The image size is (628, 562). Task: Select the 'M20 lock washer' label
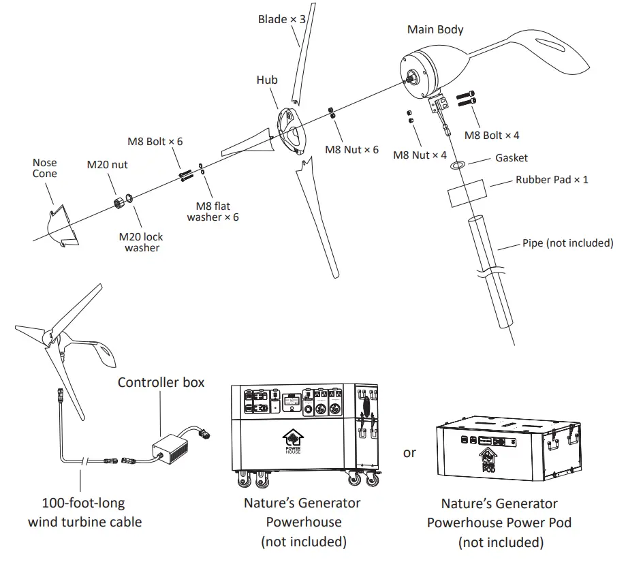142,243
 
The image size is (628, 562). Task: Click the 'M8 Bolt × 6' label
155,142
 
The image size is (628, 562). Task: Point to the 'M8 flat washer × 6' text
213,212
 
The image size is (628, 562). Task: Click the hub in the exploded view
289,129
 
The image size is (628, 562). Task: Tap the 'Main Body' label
435,29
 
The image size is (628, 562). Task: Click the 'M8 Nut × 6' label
351,149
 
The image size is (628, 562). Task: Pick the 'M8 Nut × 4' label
420,155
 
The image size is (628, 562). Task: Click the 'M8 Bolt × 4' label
492,136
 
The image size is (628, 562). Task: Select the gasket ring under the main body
458,164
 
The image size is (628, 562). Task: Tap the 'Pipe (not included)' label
567,243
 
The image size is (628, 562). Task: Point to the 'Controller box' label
161,382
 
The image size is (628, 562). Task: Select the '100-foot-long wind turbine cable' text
84,513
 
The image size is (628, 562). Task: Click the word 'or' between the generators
409,452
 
